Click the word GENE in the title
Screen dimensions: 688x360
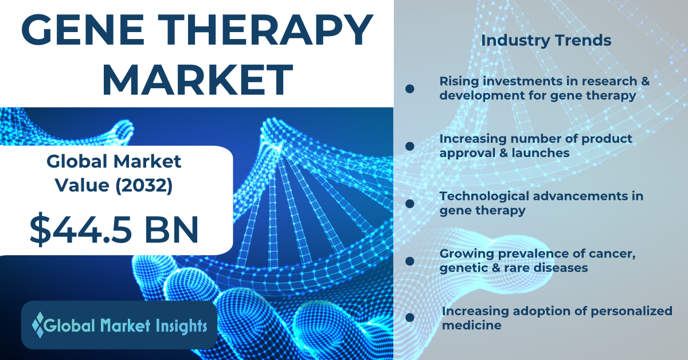(x=83, y=29)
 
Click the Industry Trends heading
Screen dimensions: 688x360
(x=546, y=40)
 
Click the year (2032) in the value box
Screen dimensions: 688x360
(x=144, y=186)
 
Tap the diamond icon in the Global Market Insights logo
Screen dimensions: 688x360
(x=38, y=325)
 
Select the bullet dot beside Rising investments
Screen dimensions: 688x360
(x=410, y=89)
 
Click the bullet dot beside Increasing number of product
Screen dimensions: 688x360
(x=410, y=146)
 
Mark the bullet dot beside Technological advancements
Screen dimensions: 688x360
(x=410, y=204)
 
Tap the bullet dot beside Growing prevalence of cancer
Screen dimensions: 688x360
(x=410, y=261)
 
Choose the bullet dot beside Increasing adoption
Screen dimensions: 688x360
(x=410, y=318)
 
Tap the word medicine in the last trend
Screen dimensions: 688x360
(x=471, y=325)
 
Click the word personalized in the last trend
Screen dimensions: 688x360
(x=631, y=311)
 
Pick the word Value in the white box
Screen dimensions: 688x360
(x=82, y=186)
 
